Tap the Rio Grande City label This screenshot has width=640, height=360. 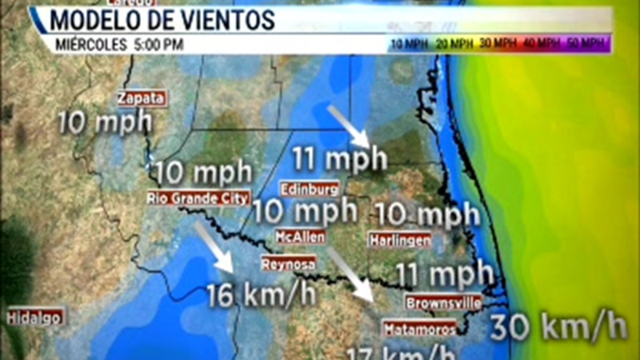pos(198,198)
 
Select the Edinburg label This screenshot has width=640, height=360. pos(310,189)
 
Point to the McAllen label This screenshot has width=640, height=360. pos(300,236)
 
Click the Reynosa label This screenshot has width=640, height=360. pos(289,263)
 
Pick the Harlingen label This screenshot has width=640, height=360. pos(400,240)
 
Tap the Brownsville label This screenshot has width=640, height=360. pos(444,303)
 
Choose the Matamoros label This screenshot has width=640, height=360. pos(420,328)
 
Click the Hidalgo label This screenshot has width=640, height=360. pos(35,317)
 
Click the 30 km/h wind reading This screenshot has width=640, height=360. pos(558,326)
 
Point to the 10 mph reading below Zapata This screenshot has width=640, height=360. pos(105,123)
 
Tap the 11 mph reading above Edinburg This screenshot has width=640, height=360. pos(340,159)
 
